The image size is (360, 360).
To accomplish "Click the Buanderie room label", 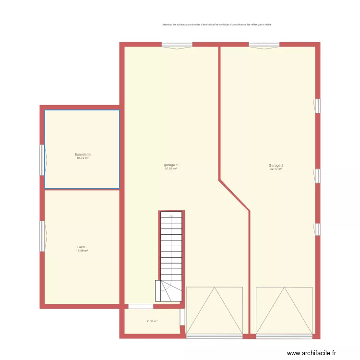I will (82, 154).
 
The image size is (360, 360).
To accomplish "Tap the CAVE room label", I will (82, 247).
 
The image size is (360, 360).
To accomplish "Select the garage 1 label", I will (171, 165).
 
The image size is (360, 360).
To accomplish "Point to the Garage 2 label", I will (276, 165).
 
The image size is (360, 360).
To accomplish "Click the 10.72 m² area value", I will (82, 157).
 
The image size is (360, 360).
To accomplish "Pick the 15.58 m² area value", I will (82, 251).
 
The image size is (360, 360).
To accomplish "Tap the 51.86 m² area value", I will (171, 168).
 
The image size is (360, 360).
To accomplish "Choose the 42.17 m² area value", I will (276, 168).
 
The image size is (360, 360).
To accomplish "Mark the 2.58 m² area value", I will (152, 321).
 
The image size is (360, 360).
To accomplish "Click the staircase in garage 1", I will (171, 254).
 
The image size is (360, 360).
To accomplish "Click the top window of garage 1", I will (177, 45).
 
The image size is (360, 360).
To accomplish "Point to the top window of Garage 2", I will (264, 45).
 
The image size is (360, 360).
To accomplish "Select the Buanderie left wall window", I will (43, 160).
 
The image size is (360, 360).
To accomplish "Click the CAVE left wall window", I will (43, 236).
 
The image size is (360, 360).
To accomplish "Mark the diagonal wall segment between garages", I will (234, 195).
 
